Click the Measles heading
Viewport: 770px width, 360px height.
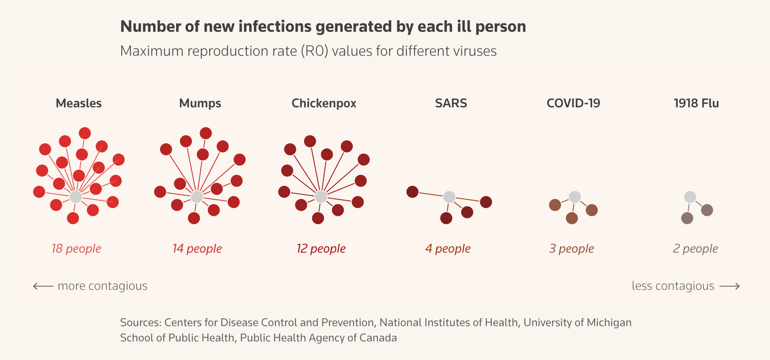click(x=78, y=103)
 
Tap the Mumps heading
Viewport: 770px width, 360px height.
click(x=200, y=103)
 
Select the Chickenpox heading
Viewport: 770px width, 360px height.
click(x=324, y=103)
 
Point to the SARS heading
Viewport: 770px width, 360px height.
click(x=451, y=103)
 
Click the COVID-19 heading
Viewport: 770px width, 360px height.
click(x=573, y=103)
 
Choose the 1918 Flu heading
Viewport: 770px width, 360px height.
click(x=696, y=103)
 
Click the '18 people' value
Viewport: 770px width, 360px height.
click(x=76, y=249)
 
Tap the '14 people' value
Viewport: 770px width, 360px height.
click(x=197, y=249)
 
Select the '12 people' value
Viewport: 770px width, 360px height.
click(x=321, y=249)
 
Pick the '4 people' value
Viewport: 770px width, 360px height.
click(x=448, y=249)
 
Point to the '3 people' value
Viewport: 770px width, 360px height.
click(x=572, y=249)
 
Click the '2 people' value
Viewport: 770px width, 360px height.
click(x=695, y=249)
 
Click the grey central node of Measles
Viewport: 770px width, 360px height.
click(x=76, y=197)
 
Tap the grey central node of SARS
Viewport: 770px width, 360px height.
click(x=449, y=197)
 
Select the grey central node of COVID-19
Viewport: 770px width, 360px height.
click(x=575, y=197)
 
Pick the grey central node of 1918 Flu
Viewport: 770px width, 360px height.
click(x=690, y=197)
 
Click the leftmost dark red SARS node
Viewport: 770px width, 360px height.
click(x=412, y=192)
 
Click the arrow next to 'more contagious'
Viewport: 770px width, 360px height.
click(x=43, y=286)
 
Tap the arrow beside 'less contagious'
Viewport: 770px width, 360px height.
click(x=730, y=286)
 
